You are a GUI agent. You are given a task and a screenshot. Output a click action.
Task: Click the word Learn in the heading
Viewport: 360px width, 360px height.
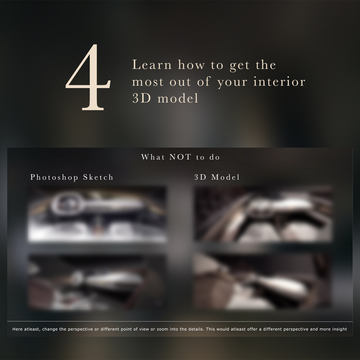coord(152,64)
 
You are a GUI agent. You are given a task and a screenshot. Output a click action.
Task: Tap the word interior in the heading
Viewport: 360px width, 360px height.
coord(279,82)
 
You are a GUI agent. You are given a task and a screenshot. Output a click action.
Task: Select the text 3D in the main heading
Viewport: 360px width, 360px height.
coord(141,98)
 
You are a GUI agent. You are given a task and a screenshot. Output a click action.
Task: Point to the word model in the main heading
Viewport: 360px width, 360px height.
coord(178,98)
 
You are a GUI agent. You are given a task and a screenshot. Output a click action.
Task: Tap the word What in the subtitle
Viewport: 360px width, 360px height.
coord(153,157)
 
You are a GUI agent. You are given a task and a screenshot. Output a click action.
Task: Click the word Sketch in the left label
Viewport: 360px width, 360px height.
coord(98,177)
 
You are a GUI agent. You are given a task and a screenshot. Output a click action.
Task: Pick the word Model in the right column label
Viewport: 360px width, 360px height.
coord(225,177)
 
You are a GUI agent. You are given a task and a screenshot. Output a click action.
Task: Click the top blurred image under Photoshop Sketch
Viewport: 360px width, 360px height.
coord(97,214)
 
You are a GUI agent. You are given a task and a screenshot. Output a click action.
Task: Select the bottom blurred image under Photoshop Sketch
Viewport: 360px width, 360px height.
coord(97,282)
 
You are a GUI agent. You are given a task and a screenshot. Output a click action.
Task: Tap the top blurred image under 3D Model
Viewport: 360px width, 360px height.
coord(263,214)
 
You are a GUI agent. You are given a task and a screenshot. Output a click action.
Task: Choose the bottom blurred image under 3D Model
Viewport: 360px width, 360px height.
coord(263,282)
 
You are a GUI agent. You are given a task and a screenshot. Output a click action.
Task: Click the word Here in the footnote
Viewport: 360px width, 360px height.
coord(18,329)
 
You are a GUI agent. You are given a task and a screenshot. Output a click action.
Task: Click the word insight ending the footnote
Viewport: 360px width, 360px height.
coord(340,329)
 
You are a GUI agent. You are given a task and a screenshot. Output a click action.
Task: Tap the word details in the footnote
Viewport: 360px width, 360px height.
coord(196,329)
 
